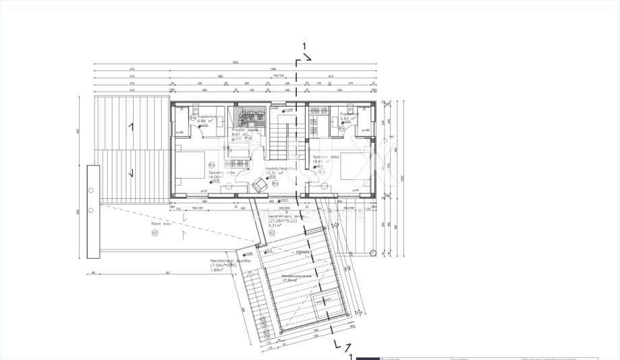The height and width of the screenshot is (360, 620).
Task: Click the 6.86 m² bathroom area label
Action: (x=207, y=121)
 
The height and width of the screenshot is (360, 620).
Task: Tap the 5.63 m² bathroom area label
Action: (x=349, y=118)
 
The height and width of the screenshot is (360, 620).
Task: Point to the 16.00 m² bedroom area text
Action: (x=218, y=177)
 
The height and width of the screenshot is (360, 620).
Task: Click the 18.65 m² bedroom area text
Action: (x=322, y=162)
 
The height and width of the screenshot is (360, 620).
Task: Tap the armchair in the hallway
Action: (x=260, y=183)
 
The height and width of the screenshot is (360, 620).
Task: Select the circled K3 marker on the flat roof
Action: (x=154, y=233)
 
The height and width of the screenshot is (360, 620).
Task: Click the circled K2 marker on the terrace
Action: (x=271, y=233)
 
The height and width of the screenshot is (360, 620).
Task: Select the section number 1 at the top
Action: (x=305, y=47)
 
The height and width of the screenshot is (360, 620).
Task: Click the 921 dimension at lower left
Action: (x=167, y=272)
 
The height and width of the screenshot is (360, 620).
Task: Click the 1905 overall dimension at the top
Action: (x=235, y=63)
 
